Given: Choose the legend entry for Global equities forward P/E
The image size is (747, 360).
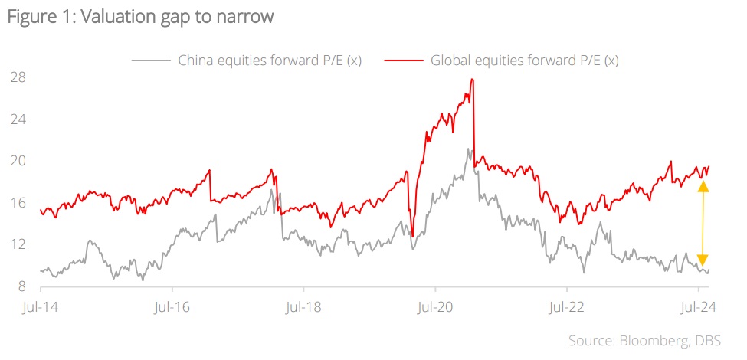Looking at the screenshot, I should coord(525,60).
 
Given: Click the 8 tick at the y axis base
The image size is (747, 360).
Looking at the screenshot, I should coord(22,286).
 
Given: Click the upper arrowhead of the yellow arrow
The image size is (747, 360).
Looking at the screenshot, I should coord(703,187).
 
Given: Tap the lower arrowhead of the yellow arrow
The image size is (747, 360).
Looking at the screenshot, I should coord(703,260).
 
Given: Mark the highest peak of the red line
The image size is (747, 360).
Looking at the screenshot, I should coord(472,79).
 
